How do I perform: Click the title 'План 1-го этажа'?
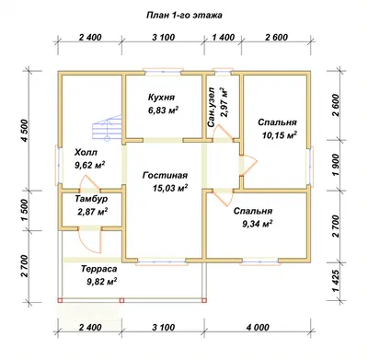(x=184, y=16)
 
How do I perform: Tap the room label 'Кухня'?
(x=161, y=98)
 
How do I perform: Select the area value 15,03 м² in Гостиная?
(x=170, y=188)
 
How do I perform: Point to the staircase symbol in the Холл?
(x=108, y=127)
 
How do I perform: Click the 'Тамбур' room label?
(x=91, y=199)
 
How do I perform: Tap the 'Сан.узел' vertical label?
(x=211, y=107)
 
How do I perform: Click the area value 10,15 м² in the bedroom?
(x=280, y=135)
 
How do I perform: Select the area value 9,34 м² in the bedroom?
(x=258, y=224)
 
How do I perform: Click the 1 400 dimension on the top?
(x=224, y=38)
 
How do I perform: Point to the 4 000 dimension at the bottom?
(x=258, y=328)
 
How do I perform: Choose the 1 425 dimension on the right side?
(x=336, y=282)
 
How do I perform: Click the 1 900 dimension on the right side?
(x=336, y=165)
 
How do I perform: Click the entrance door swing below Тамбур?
(x=90, y=241)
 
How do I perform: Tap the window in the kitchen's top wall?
(x=163, y=73)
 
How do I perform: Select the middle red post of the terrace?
(x=121, y=300)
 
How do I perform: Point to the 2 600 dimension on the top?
(x=277, y=38)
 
